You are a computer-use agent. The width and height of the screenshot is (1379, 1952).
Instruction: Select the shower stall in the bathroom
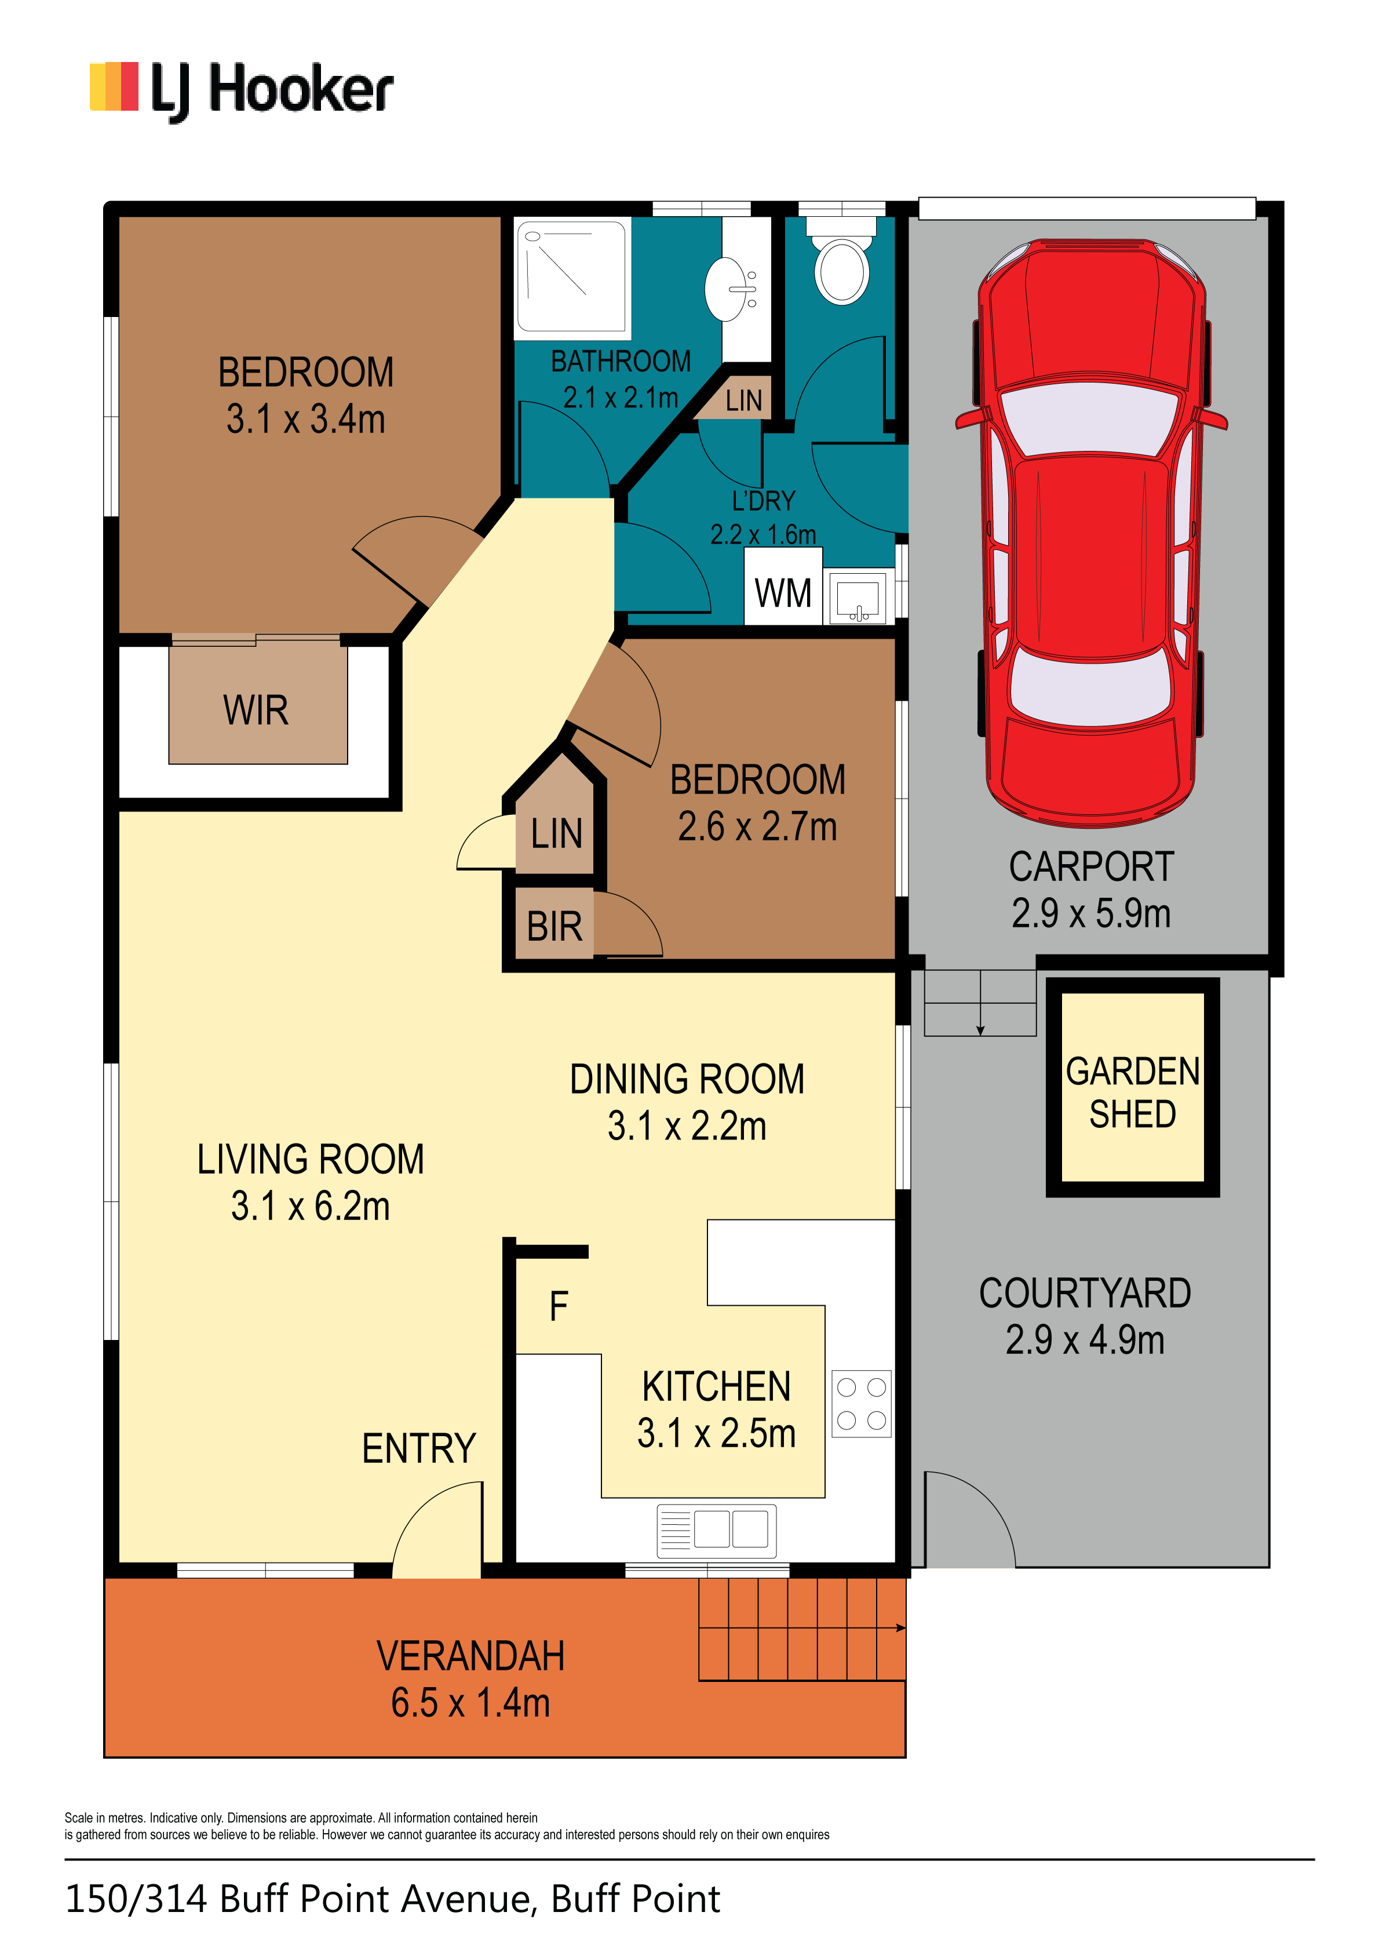pos(573,276)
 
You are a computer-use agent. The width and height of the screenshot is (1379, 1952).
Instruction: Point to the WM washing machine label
pos(783,592)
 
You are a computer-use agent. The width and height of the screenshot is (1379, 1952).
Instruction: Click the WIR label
pos(256,710)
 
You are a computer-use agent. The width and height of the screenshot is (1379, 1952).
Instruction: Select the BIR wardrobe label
pos(554,927)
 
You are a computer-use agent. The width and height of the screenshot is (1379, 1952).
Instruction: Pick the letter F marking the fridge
pos(559,1306)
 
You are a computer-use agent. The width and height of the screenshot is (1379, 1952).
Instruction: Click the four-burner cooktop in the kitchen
pos(861,1404)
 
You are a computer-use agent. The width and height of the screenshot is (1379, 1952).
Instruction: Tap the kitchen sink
pos(717,1530)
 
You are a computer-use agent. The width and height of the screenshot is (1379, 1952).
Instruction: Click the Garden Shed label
pos(1132,1092)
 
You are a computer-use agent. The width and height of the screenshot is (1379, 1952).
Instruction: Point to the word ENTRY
pos(418,1449)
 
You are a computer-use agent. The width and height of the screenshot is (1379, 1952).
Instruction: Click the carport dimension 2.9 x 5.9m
pos(1091,913)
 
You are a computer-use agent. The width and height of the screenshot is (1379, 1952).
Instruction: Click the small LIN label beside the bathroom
pos(744,400)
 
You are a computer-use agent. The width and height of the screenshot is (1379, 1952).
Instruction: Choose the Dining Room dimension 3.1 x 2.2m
pos(687,1126)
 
